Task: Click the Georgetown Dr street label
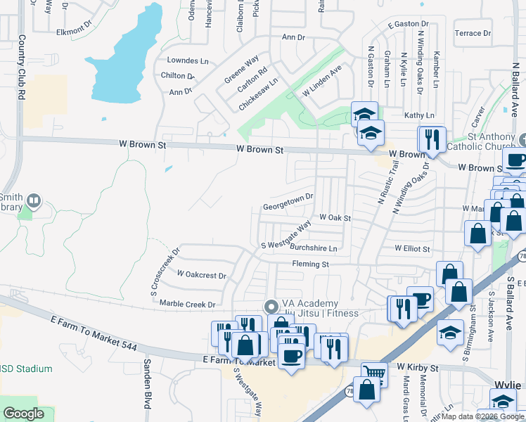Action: (x=288, y=207)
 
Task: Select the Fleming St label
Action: (x=311, y=264)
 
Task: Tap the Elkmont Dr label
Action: (x=75, y=31)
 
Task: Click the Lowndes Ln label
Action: (x=187, y=61)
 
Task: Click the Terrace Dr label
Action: (x=473, y=33)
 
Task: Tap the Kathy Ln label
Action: (x=419, y=115)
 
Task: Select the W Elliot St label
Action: (x=412, y=248)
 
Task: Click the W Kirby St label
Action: (x=417, y=367)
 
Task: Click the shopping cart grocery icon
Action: (x=374, y=373)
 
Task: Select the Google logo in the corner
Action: (x=24, y=414)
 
